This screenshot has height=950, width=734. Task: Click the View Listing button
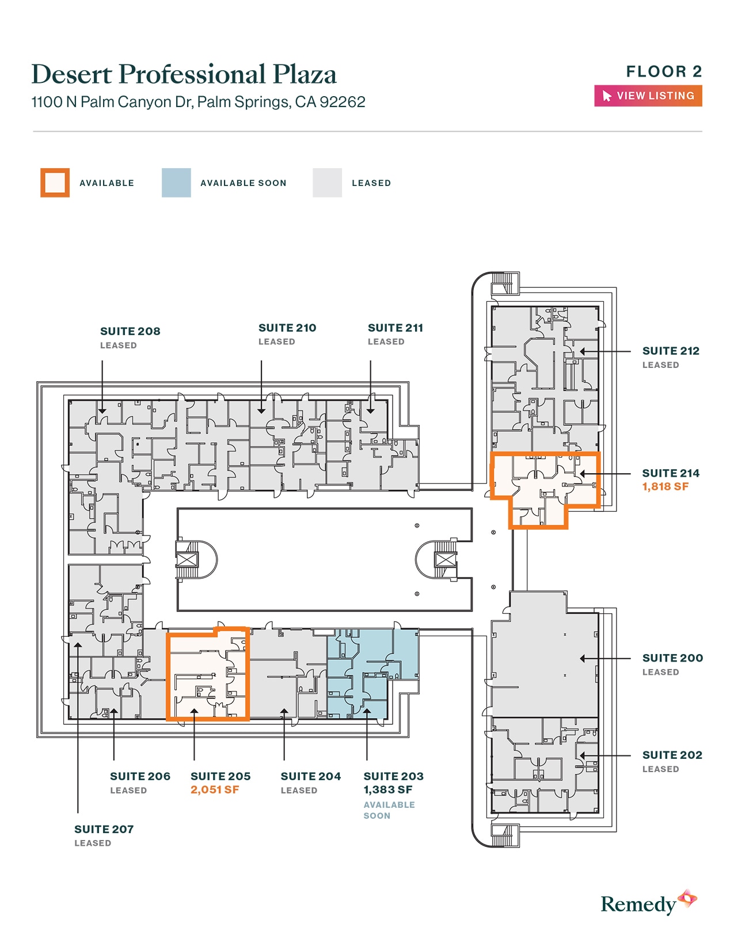[x=648, y=96]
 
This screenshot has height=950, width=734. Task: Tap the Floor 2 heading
[x=664, y=71]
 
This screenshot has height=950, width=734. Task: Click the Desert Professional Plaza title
[x=184, y=74]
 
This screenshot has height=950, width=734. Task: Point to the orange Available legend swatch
[x=55, y=183]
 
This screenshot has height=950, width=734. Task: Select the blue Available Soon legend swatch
[x=176, y=183]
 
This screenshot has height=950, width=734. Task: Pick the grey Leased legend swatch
[x=327, y=183]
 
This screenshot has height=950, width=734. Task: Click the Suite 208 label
[x=130, y=332]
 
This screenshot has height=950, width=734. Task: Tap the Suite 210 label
[x=287, y=328]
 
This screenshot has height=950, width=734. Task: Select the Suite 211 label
[x=395, y=328]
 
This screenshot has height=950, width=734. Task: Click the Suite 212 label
[x=671, y=351]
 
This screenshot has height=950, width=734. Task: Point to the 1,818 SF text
[x=665, y=487]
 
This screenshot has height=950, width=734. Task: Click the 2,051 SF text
[x=215, y=789]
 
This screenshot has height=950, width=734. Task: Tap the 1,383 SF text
[x=388, y=789]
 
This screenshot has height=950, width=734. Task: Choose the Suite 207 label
[x=104, y=829]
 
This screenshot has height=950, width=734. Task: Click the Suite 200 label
[x=672, y=658]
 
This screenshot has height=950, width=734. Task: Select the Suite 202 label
[x=672, y=755]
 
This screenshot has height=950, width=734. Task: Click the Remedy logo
[x=649, y=902]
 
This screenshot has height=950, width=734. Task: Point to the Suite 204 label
[x=311, y=777]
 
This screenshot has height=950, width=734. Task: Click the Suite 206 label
[x=140, y=777]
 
